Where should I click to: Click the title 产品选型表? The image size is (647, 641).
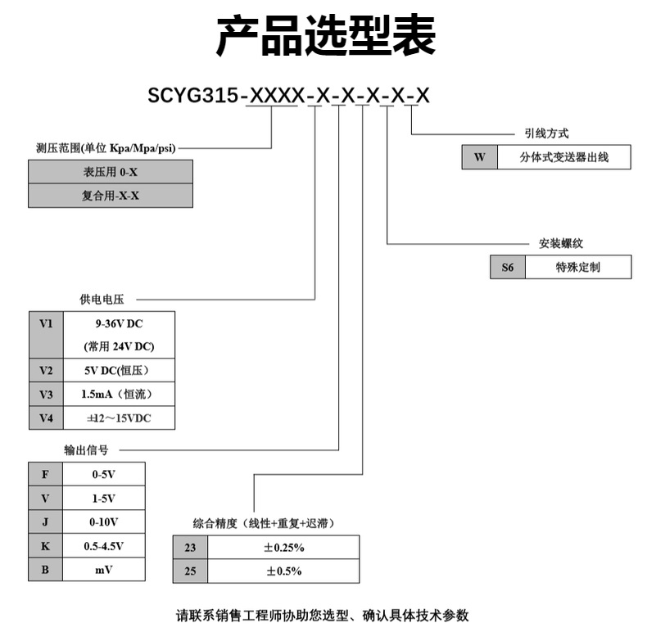point(325,38)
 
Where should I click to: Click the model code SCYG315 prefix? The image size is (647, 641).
point(192,97)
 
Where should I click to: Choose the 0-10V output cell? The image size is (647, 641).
point(104,521)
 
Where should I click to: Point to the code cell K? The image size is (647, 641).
point(46,545)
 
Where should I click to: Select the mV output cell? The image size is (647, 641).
point(104,569)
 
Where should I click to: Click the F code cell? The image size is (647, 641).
point(46,474)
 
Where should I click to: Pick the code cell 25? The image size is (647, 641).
point(190,571)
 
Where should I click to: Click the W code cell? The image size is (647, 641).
point(480,157)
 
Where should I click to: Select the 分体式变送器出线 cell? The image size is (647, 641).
point(564,157)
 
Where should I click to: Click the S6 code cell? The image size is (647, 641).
point(507,268)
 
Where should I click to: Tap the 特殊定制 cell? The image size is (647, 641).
point(577,268)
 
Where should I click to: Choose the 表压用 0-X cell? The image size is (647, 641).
point(111,172)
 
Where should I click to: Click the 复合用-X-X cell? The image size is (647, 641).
point(111,196)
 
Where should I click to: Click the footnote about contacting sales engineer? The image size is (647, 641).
point(323,616)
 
